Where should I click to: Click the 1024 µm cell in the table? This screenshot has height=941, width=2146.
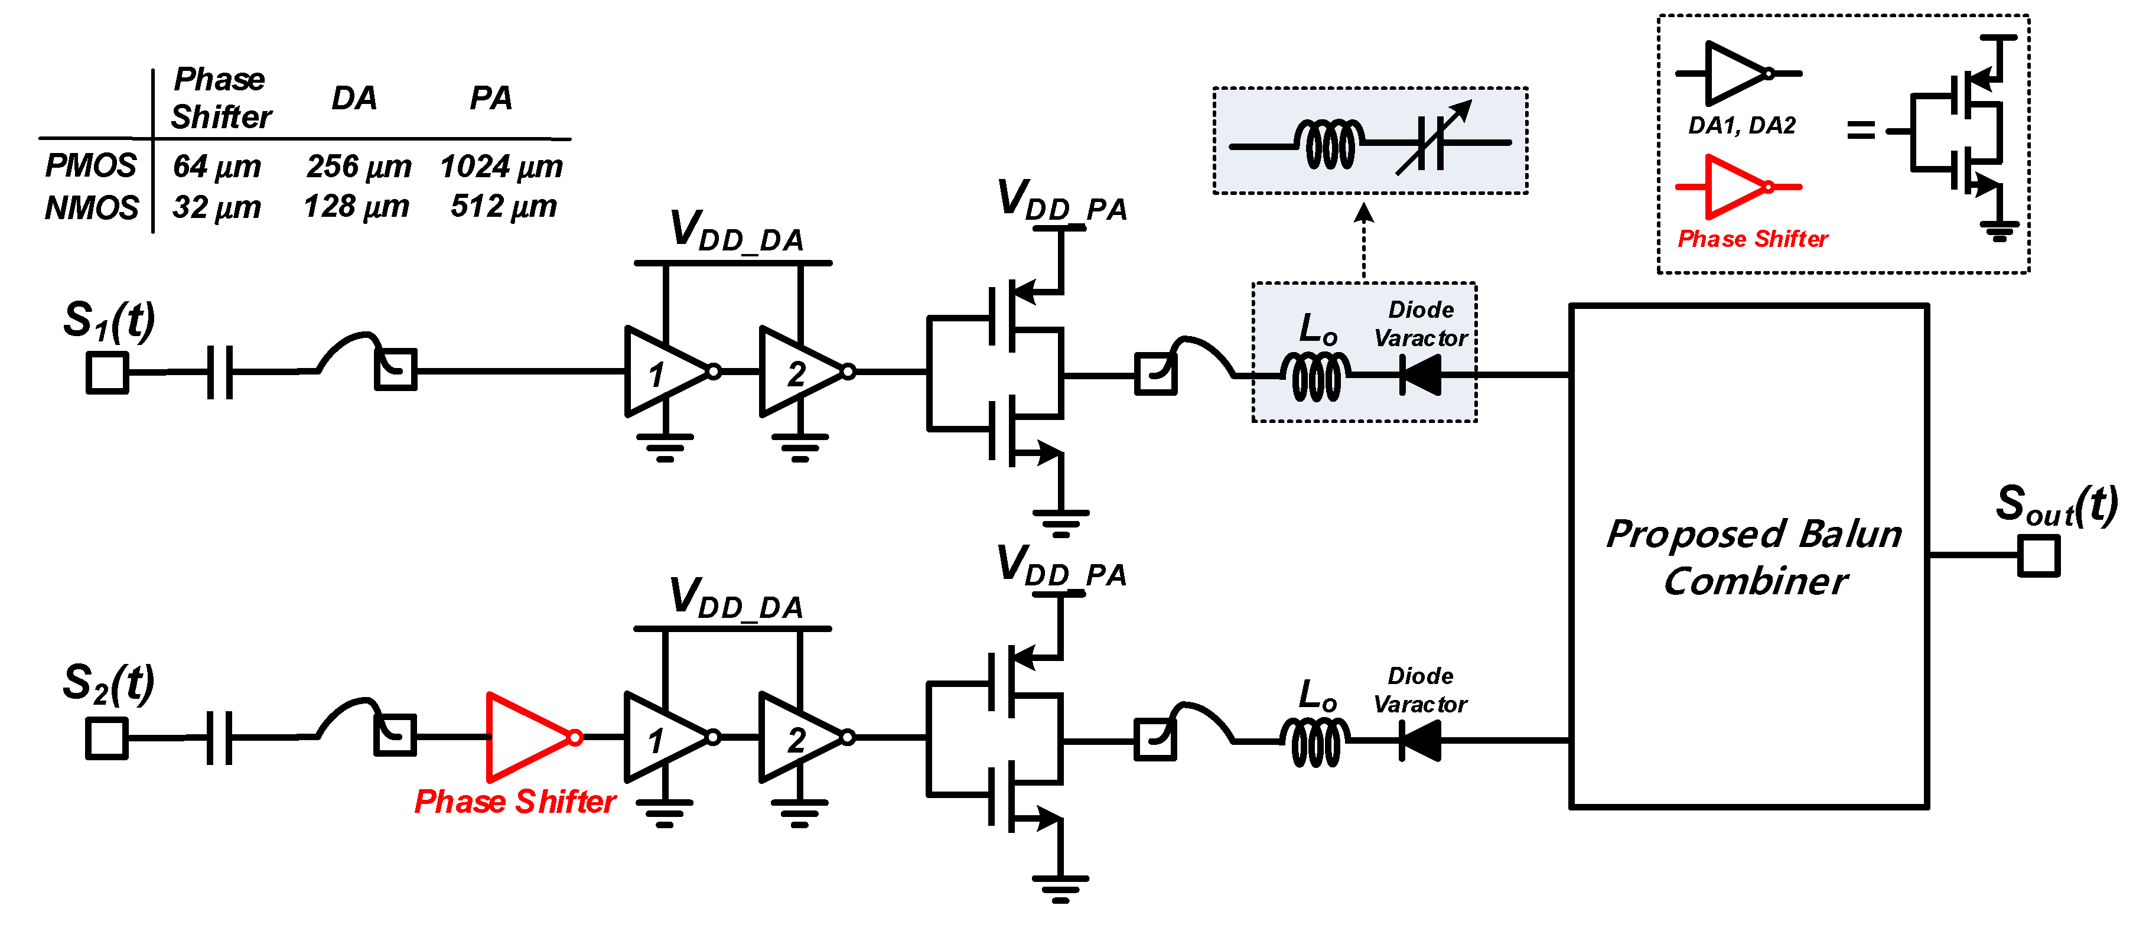501,167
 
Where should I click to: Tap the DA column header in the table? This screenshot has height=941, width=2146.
354,98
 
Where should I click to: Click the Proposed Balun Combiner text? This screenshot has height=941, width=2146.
1754,557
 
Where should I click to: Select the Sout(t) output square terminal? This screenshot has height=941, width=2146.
2038,555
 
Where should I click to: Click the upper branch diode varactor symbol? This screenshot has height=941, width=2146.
1421,375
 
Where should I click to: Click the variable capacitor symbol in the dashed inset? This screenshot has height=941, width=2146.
1431,142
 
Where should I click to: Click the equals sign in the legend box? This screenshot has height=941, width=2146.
1860,130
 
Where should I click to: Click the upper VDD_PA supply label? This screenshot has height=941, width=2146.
1062,201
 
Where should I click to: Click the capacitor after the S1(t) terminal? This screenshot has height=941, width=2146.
219,372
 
